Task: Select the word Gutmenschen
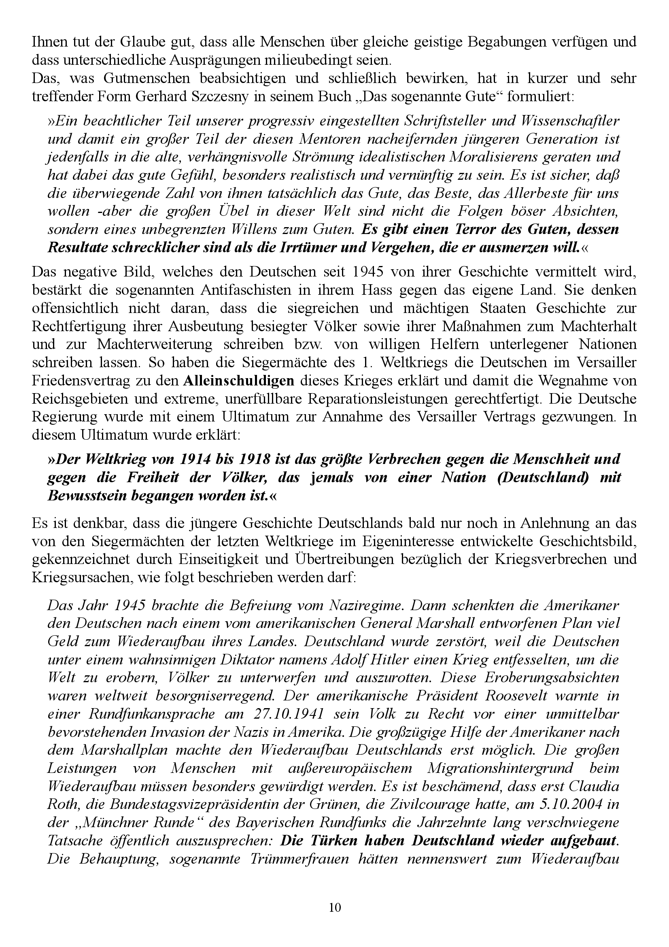pos(150,78)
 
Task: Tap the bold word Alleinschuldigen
pos(239,380)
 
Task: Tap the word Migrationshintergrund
pos(500,768)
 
